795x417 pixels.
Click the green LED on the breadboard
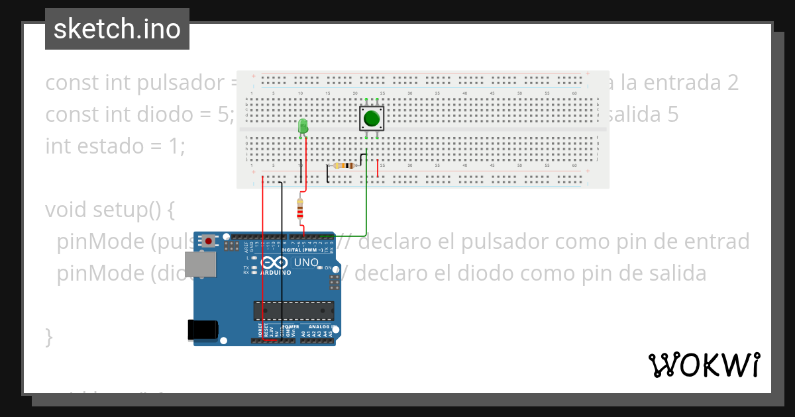tap(303, 126)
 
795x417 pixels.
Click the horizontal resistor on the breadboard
tap(344, 165)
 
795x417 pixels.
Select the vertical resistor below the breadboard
tap(300, 208)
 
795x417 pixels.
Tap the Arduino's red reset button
tap(209, 241)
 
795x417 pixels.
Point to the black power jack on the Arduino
tap(203, 330)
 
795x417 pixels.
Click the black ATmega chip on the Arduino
tap(293, 310)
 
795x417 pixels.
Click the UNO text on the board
tap(305, 263)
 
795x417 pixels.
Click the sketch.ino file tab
tap(117, 29)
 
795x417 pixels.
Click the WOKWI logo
tap(704, 365)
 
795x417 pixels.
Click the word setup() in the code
tap(134, 210)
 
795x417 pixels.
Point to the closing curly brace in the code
tap(49, 336)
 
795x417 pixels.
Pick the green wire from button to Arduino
tap(366, 199)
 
